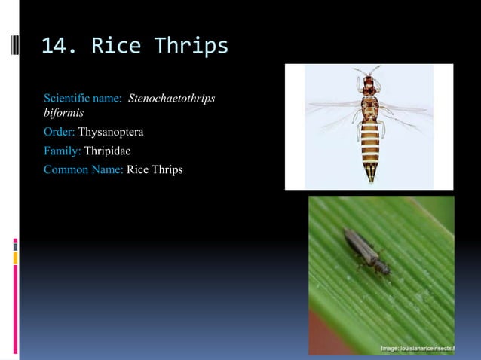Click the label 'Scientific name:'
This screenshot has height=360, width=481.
coord(84,99)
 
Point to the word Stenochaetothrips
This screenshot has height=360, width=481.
coord(173,99)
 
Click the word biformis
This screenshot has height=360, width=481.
coord(63,114)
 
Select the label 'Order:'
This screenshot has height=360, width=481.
coord(60,133)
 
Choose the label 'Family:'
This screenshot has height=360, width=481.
coord(63,151)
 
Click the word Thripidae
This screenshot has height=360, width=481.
coord(107,151)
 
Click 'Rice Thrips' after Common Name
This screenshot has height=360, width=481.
coord(155,169)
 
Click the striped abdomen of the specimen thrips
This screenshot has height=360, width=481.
coord(369,143)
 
